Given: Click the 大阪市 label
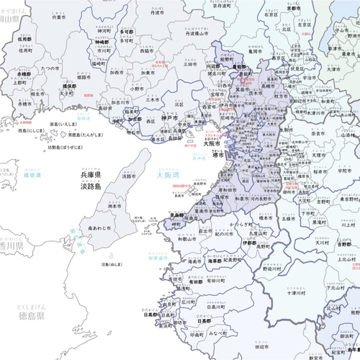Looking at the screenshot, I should pyautogui.click(x=212, y=143).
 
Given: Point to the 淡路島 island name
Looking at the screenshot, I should pyautogui.click(x=94, y=186).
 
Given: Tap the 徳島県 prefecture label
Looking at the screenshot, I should pyautogui.click(x=31, y=315).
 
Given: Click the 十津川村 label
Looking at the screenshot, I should pyautogui.click(x=297, y=294).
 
